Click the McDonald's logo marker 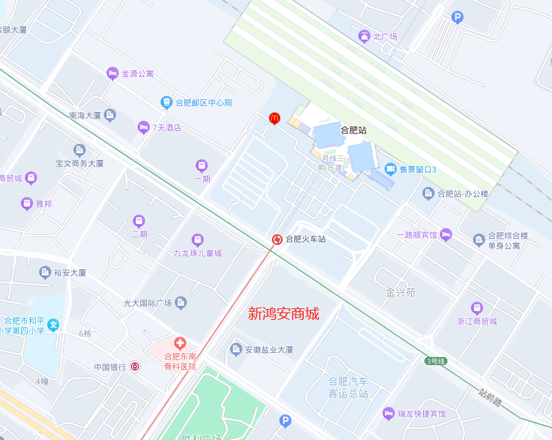[274, 118]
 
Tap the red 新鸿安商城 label [283, 314]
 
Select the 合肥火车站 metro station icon [277, 239]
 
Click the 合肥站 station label [353, 130]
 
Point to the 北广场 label [385, 36]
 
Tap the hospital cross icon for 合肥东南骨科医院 [180, 343]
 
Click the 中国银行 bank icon [135, 366]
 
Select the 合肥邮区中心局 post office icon [166, 102]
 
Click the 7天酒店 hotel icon [143, 127]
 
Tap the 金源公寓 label [138, 74]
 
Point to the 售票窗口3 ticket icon [390, 169]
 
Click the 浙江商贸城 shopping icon [476, 308]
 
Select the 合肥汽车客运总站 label [348, 387]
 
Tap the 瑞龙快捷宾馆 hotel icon [388, 413]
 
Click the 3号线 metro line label [436, 361]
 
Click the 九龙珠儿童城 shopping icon [197, 239]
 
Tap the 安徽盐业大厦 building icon [236, 349]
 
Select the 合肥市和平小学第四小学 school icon [53, 325]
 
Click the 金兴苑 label [401, 292]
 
